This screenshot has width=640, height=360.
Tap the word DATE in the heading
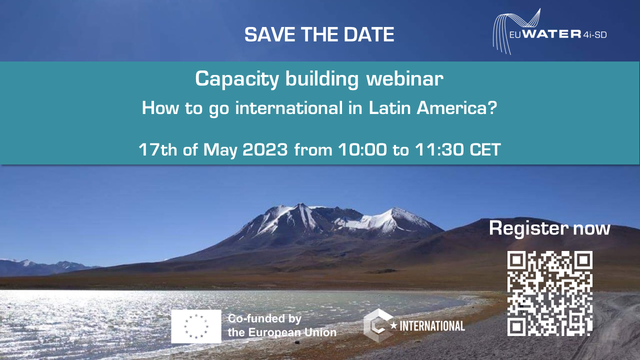pos(369,34)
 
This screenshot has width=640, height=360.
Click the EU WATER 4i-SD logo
pos(549,31)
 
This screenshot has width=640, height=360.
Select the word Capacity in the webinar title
pos(237,79)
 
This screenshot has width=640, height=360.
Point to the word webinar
pos(405,78)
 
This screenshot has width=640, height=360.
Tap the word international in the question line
pos(289,108)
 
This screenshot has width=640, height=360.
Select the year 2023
pos(265,149)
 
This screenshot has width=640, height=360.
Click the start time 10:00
pos(362,149)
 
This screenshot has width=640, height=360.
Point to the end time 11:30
pos(439,149)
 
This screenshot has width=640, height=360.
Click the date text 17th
pos(157,149)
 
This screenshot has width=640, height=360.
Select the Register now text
pos(549,228)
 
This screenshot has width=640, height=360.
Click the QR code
pos(549,293)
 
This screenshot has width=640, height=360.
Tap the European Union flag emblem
pos(196,326)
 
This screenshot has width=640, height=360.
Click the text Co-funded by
pos(264,319)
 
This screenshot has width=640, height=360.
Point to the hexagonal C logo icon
pos(377,325)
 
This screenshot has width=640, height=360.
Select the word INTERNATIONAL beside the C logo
pos(432,326)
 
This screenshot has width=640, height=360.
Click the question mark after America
pos(492,108)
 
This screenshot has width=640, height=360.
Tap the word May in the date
pos(220,150)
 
